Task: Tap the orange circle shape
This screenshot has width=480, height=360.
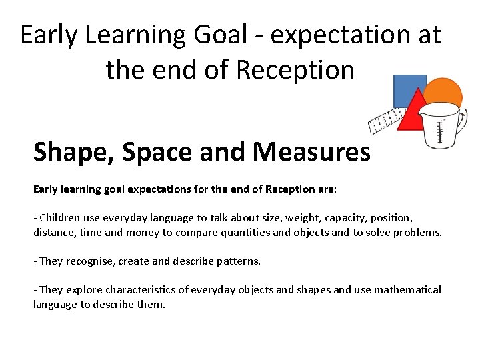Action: point(445,93)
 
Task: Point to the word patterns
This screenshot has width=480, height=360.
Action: point(237,261)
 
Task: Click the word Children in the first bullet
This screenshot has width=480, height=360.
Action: point(61,218)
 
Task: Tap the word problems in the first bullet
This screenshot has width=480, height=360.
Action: point(418,232)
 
